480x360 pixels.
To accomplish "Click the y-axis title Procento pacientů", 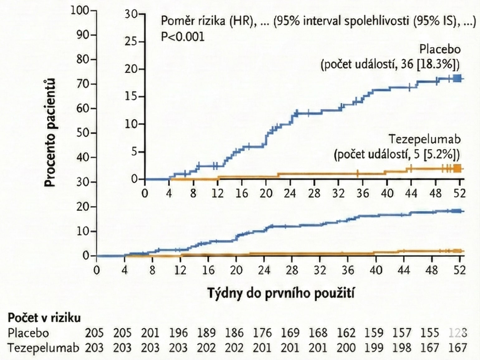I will [50, 133].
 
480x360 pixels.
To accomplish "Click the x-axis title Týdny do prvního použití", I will [281, 293].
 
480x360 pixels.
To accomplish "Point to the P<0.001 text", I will [183, 37].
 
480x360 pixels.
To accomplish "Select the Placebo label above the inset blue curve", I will [439, 49].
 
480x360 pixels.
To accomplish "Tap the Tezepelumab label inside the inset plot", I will [425, 139].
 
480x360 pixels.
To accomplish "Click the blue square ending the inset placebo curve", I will [457, 78].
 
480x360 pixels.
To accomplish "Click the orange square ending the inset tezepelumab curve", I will [457, 168].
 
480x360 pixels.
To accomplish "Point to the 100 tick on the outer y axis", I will [80, 10].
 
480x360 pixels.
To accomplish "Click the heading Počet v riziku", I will [44, 318].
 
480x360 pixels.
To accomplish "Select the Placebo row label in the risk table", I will [28, 333].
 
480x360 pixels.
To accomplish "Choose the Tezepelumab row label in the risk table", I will [43, 348].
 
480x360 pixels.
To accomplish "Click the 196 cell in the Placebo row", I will [178, 333].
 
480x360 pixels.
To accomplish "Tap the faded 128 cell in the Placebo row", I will [458, 333].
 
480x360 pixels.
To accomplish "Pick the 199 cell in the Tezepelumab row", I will [374, 348].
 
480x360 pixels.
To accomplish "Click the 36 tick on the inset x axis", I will [362, 193].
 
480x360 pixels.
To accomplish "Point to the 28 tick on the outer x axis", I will [292, 270].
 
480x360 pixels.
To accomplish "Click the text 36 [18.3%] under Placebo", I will [432, 64].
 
